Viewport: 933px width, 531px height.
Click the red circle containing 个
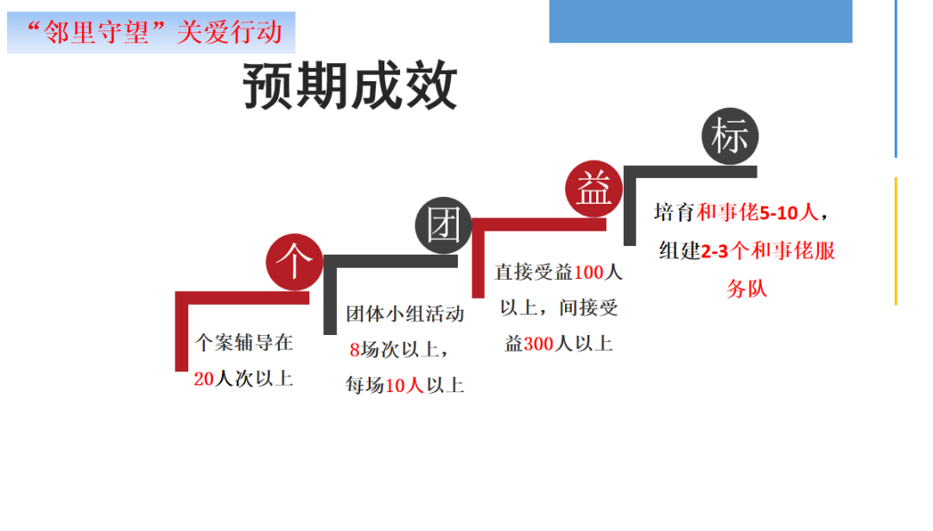(x=295, y=262)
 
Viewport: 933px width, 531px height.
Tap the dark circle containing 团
(x=443, y=225)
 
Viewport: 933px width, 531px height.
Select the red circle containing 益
(x=593, y=188)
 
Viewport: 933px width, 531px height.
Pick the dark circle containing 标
(x=730, y=136)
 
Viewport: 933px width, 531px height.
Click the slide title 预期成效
(x=351, y=86)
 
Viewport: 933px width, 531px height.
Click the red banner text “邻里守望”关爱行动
(x=155, y=32)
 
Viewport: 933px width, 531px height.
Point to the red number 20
(x=204, y=379)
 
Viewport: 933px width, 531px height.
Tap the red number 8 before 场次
(x=355, y=350)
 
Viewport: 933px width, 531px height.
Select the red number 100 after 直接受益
(x=588, y=272)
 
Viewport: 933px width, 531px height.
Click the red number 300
(x=538, y=344)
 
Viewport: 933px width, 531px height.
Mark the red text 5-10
(x=779, y=213)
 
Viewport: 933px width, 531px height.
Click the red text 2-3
(x=714, y=251)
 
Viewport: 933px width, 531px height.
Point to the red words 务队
(x=746, y=289)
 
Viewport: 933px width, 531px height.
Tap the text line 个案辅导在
(x=244, y=343)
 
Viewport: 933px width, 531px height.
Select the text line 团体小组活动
(x=405, y=314)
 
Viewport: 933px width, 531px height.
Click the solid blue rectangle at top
(x=701, y=22)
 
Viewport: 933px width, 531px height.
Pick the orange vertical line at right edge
(x=896, y=241)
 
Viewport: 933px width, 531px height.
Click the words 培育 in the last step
(x=674, y=212)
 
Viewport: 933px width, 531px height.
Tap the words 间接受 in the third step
(x=588, y=307)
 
